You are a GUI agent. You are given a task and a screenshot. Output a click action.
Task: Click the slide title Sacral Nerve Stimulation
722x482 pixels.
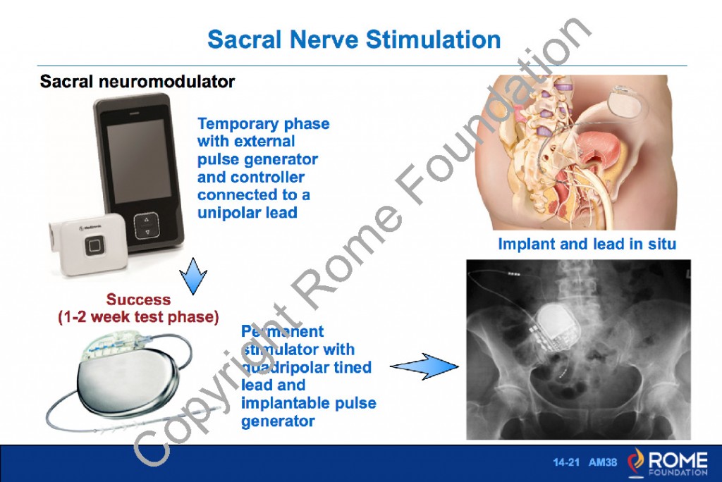pyautogui.click(x=354, y=39)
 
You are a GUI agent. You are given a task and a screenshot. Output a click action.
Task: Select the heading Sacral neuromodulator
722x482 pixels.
pyautogui.click(x=137, y=82)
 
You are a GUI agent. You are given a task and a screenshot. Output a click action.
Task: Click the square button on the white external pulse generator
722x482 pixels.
pyautogui.click(x=94, y=247)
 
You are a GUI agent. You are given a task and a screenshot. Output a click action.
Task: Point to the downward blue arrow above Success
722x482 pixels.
pyautogui.click(x=189, y=275)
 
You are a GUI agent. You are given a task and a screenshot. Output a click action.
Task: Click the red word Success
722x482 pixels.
pyautogui.click(x=138, y=299)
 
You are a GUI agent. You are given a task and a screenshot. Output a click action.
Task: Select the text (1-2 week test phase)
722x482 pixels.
pyautogui.click(x=138, y=317)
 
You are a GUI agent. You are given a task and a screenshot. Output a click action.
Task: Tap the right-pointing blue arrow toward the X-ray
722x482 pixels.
pyautogui.click(x=423, y=366)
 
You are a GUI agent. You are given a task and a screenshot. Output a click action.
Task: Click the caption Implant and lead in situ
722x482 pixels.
pyautogui.click(x=587, y=245)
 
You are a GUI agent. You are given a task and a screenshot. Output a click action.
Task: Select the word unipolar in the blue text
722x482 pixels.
pyautogui.click(x=229, y=212)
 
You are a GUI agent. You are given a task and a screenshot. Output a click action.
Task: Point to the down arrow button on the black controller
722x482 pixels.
pyautogui.click(x=147, y=232)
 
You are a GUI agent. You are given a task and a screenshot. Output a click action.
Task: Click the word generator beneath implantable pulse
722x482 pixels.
pyautogui.click(x=278, y=421)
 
